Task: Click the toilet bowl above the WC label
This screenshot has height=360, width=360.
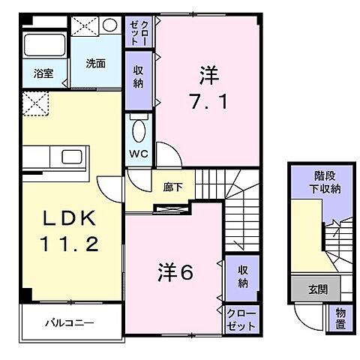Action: [139, 131]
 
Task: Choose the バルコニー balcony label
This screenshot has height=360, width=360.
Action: [73, 323]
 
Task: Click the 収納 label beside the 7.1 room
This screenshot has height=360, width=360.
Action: [139, 76]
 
